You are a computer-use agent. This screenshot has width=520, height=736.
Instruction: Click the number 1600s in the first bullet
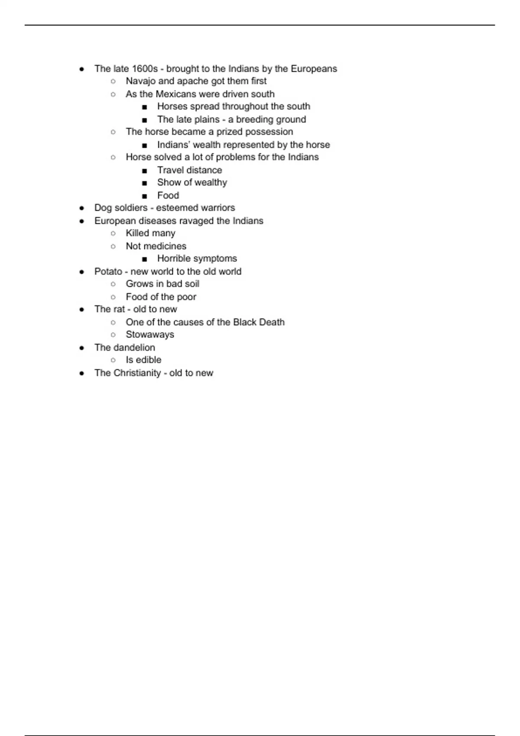point(145,69)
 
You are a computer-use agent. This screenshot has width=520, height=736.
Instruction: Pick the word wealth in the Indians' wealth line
point(206,145)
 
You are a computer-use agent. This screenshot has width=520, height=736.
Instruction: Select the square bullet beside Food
point(144,196)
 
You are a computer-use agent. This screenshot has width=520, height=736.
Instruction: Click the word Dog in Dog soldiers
point(103,208)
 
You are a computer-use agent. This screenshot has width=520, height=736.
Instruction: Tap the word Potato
point(108,271)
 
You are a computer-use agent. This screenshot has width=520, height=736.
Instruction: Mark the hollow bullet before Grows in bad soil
point(113,284)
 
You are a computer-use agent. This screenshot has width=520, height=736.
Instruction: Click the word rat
point(119,310)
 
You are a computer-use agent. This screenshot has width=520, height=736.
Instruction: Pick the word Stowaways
point(150,335)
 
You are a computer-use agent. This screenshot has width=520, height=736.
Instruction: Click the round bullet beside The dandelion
point(82,348)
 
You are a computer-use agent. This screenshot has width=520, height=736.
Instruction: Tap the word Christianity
point(137,373)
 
